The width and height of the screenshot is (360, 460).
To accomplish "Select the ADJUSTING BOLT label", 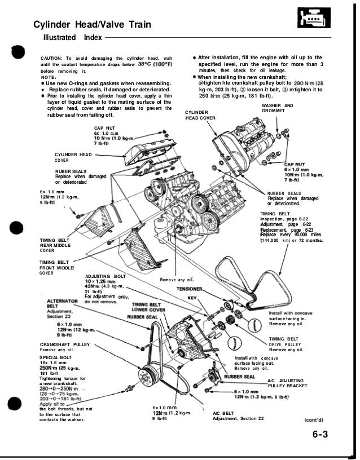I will tap(105, 277).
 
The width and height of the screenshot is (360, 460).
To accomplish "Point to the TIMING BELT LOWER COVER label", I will tap(148, 306).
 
